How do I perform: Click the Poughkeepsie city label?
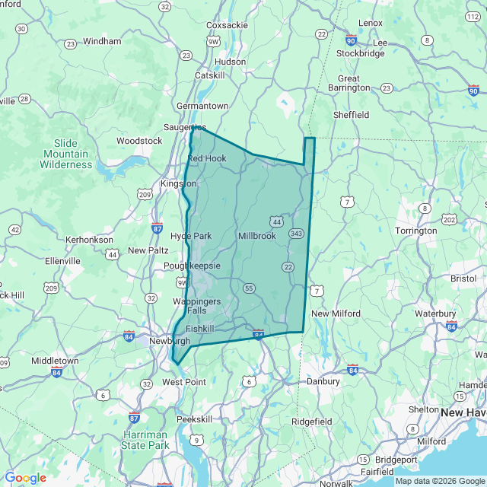click(193, 266)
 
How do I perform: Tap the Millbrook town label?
click(256, 236)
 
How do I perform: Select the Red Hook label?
click(207, 158)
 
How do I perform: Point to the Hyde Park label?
click(191, 236)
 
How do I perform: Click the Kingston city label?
click(178, 183)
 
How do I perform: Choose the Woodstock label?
click(139, 141)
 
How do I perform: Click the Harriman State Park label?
click(145, 440)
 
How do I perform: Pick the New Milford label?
click(336, 314)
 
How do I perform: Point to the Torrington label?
click(417, 231)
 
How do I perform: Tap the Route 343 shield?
click(296, 233)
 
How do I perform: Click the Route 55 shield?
click(249, 288)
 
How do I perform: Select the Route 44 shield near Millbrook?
click(276, 221)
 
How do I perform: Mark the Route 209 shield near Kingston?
click(145, 195)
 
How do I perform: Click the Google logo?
click(25, 478)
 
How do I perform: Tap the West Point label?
click(184, 381)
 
